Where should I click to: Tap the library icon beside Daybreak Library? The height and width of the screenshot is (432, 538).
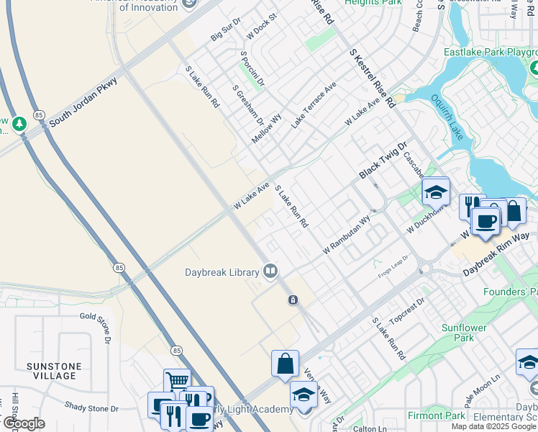tap(271, 271)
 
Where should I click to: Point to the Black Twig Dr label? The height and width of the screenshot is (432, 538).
tap(383, 161)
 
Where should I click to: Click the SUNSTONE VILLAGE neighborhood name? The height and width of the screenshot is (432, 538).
tap(54, 371)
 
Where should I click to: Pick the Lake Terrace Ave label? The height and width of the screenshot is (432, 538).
tap(314, 105)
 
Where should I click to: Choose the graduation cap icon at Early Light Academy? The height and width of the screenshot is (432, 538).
tap(304, 395)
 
